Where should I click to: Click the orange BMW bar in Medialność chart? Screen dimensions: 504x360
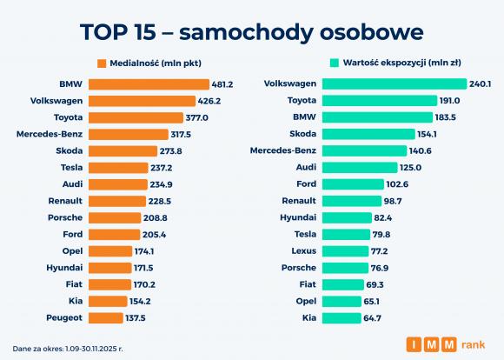click(149, 84)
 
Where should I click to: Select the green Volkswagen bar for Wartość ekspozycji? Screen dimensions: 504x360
click(395, 84)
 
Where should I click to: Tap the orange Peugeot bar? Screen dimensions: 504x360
click(106, 318)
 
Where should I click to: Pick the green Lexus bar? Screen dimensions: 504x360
click(346, 251)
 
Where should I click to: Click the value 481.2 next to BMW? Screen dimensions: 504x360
click(222, 84)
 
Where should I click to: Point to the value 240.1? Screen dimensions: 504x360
click(480, 84)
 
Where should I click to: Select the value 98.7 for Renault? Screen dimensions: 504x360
click(393, 201)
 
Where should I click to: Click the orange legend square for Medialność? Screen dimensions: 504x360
click(102, 63)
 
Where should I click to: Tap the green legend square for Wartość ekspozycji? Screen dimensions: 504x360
click(335, 63)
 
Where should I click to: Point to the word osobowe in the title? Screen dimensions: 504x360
click(372, 32)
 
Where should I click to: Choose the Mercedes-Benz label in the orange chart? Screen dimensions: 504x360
click(50, 134)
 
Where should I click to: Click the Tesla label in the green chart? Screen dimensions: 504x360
click(305, 234)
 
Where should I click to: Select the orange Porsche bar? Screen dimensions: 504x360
click(115, 217)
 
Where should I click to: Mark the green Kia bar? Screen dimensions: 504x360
click(342, 318)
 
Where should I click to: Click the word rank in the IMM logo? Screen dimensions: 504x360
click(473, 345)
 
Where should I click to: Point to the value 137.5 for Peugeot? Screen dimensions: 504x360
click(136, 318)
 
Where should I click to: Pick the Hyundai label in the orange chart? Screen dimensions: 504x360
click(64, 268)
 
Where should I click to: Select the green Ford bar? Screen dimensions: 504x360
click(353, 184)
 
